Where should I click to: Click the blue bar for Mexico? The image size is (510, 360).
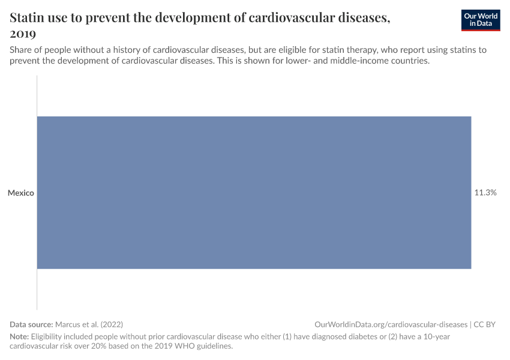[254, 193]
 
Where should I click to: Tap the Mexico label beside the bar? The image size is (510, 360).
[21, 193]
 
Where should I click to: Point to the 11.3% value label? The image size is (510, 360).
[485, 193]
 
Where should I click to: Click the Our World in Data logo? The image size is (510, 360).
[481, 20]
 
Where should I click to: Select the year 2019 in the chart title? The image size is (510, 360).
[23, 34]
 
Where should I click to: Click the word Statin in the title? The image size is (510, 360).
[27, 17]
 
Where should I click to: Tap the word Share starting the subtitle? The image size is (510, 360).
[21, 50]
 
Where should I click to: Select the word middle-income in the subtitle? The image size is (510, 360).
[358, 61]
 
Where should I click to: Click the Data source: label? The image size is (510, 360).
[31, 324]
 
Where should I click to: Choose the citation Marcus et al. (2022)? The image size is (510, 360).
[89, 324]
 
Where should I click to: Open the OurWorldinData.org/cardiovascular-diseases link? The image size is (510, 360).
[391, 324]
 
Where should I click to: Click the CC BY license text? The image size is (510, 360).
[485, 324]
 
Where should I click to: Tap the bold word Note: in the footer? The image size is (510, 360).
[19, 337]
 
